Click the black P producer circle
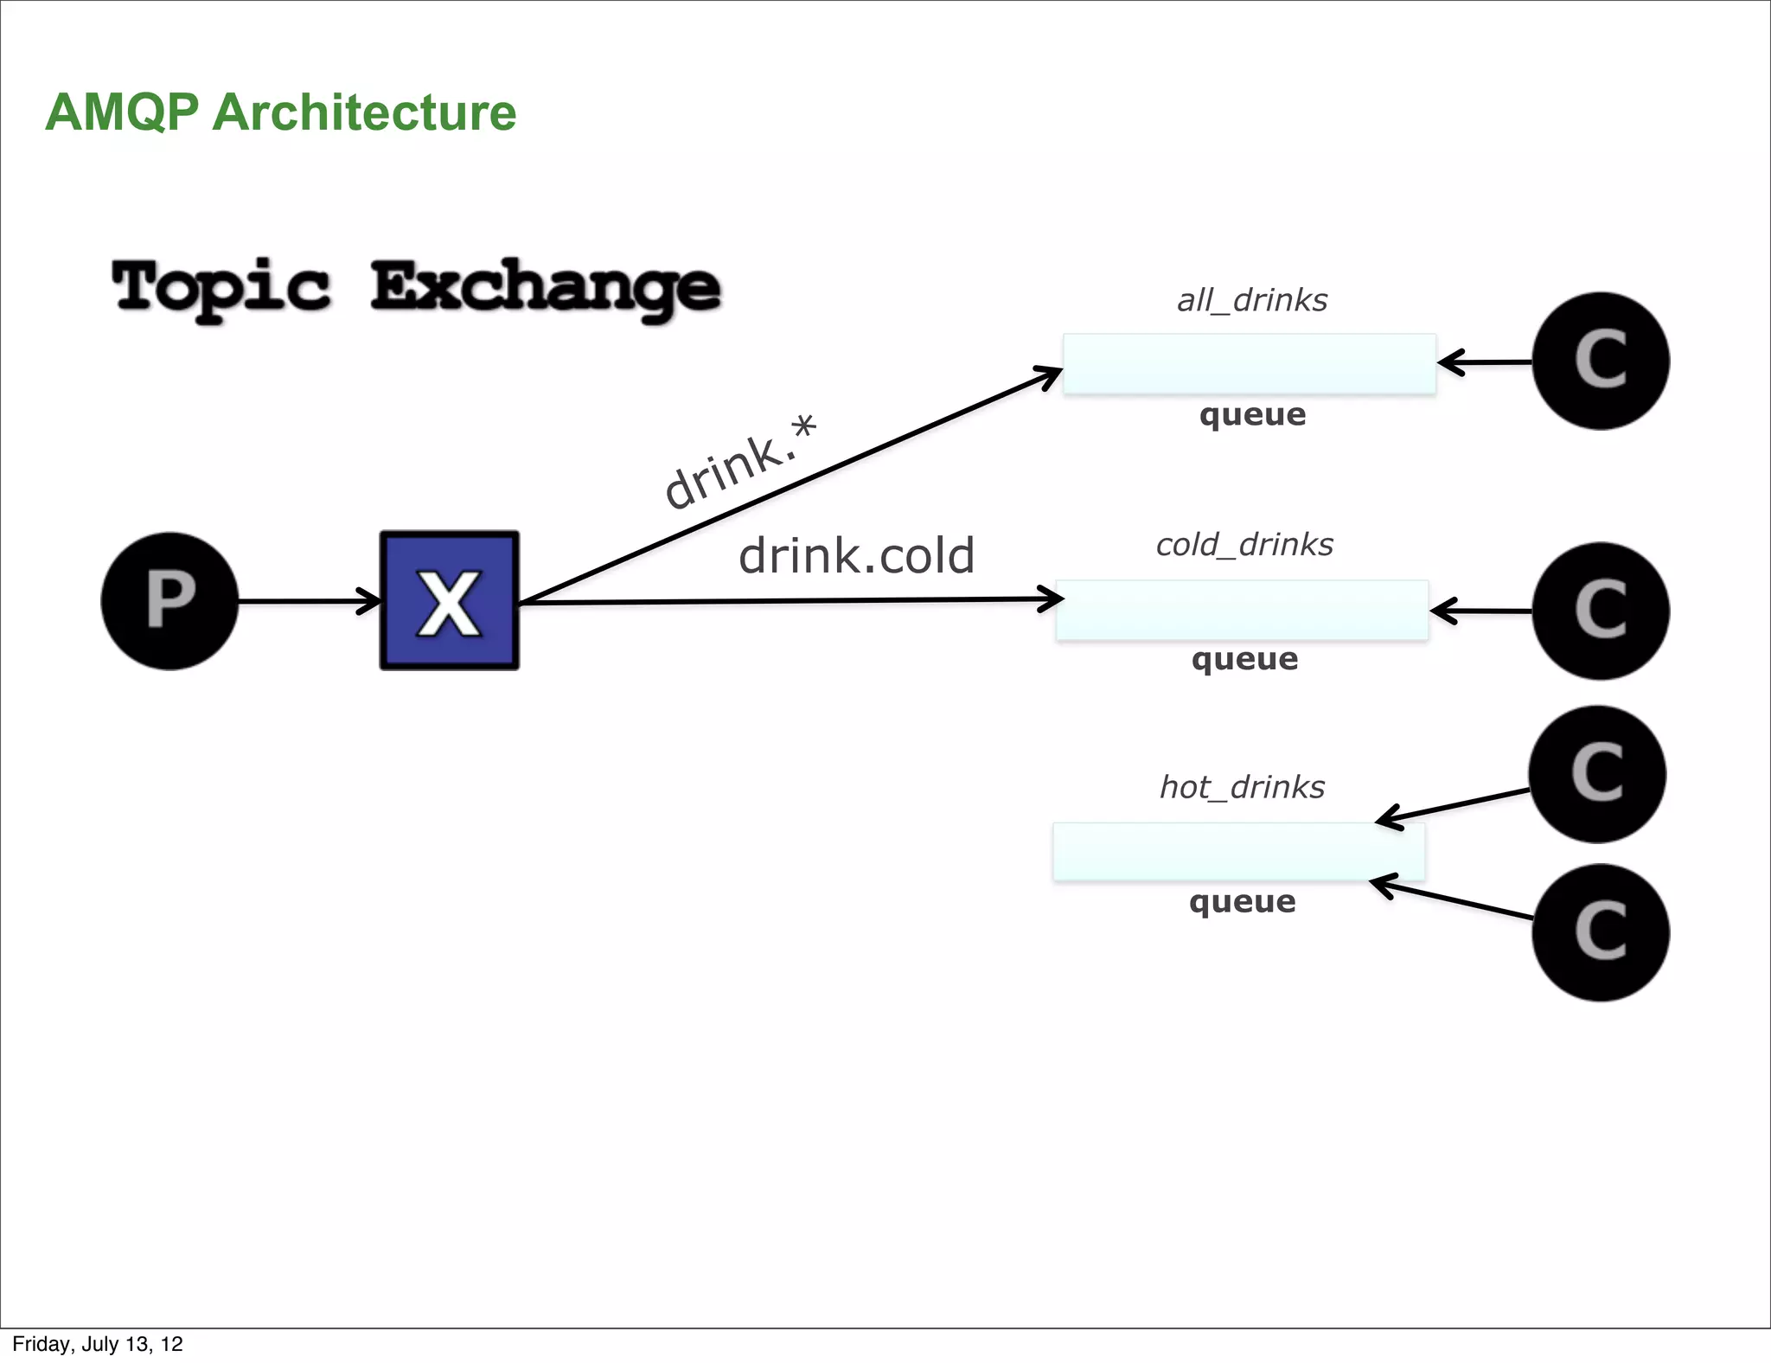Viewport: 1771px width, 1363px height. [169, 601]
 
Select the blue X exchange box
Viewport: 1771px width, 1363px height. [450, 601]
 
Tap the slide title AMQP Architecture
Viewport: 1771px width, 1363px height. [280, 112]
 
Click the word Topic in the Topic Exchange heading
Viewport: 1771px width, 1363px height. [221, 287]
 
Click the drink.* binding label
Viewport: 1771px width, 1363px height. [740, 463]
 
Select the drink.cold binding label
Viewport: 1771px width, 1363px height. [856, 555]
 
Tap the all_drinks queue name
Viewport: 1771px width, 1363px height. [1251, 300]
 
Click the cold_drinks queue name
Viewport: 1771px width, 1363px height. [1244, 545]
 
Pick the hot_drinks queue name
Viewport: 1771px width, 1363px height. [1242, 787]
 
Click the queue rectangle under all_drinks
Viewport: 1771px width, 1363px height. [1249, 364]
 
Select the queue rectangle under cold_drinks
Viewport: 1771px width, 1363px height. [1242, 611]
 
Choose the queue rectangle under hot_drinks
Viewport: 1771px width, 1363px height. [1238, 853]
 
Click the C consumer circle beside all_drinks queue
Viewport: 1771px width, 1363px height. [1601, 361]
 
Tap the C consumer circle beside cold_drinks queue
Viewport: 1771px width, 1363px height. [1601, 611]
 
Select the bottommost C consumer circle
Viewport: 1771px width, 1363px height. [1601, 932]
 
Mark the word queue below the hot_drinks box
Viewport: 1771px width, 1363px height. [1242, 902]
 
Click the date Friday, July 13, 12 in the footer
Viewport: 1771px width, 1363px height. [98, 1344]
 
